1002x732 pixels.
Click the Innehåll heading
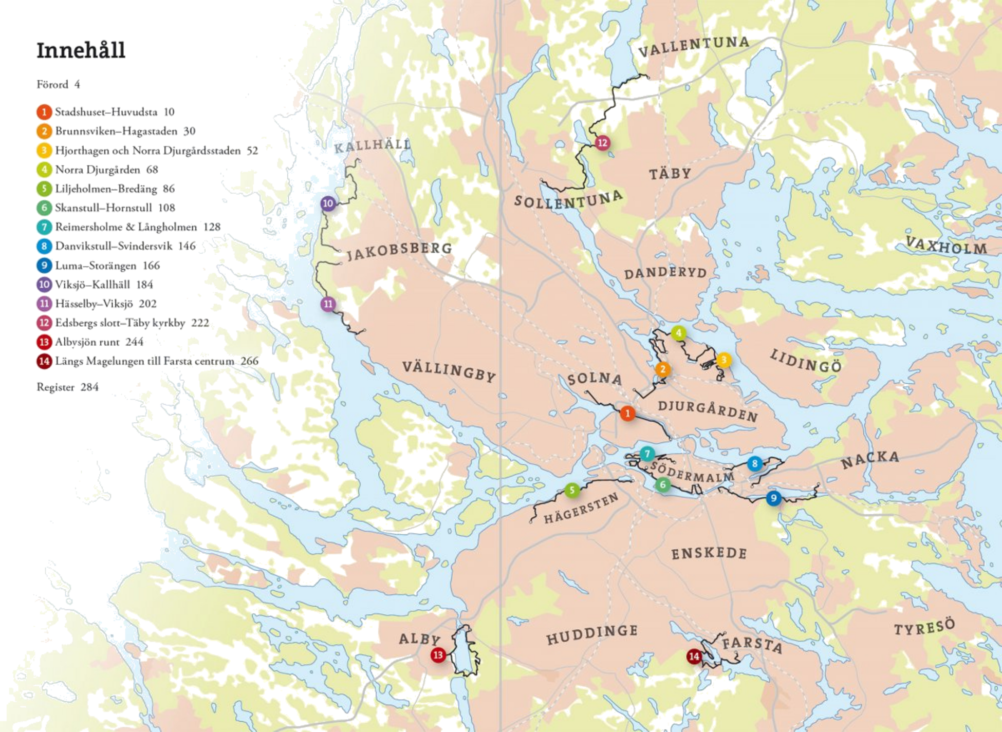tap(81, 50)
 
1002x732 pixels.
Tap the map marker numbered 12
tap(602, 143)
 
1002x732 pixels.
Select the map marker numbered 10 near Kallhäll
tap(328, 203)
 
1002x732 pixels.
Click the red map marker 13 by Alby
tap(438, 655)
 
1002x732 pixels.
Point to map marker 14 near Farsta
tap(694, 656)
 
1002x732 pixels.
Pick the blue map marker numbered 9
tap(773, 498)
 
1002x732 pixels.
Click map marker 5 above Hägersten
tap(572, 490)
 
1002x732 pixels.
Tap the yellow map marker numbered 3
tap(723, 360)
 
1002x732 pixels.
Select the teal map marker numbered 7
tap(647, 454)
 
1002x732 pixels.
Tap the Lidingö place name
tap(806, 361)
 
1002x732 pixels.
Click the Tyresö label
tap(924, 628)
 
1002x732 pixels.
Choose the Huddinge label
tap(591, 635)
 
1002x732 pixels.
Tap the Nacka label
tap(870, 459)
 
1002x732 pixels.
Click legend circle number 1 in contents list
tap(44, 111)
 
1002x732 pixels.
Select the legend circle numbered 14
tap(44, 361)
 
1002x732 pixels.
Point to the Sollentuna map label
tap(568, 199)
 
